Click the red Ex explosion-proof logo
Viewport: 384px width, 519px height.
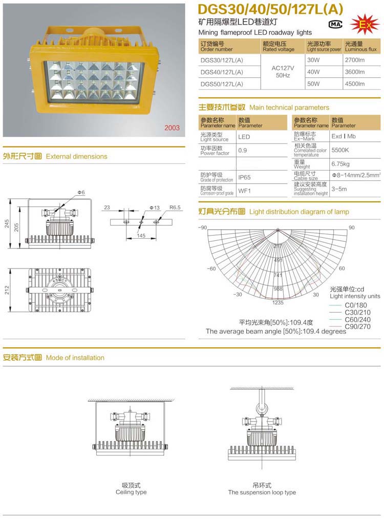click(x=365, y=24)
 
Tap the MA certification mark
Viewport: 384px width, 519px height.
click(x=335, y=24)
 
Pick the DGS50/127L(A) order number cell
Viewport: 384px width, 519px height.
click(x=222, y=84)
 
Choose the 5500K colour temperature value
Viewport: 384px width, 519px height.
click(x=340, y=151)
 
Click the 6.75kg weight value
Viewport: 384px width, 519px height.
click(x=340, y=164)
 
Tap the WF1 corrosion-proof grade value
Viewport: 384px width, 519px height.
click(x=244, y=191)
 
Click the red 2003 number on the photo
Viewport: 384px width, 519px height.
click(x=172, y=128)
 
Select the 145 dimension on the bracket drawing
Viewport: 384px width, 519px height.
click(x=141, y=236)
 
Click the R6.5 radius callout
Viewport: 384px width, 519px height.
click(x=176, y=207)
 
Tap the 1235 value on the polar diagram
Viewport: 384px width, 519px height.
click(x=278, y=303)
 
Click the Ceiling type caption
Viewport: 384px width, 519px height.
click(x=131, y=492)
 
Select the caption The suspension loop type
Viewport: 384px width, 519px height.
click(x=262, y=492)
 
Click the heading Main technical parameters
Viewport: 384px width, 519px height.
click(x=289, y=108)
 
